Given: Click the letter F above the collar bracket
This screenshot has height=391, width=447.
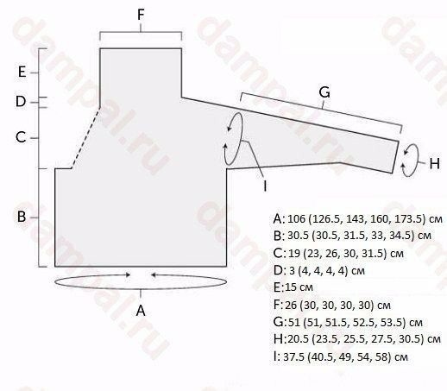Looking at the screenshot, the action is (141, 15).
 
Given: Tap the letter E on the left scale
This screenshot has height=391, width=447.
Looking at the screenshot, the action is (22, 72).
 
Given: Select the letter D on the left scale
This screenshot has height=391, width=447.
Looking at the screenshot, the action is (21, 102).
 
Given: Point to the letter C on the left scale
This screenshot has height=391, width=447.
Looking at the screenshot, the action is (21, 137).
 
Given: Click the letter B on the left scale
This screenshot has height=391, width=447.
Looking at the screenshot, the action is (22, 217).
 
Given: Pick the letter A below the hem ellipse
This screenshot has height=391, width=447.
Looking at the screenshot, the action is (141, 311).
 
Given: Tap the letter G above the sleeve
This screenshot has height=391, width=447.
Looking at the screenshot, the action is (324, 92).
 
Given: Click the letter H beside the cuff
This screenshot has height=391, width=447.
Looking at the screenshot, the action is (434, 163).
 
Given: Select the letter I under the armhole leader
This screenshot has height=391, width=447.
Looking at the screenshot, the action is (265, 186).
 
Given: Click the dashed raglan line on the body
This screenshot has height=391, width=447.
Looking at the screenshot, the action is (85, 137).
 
